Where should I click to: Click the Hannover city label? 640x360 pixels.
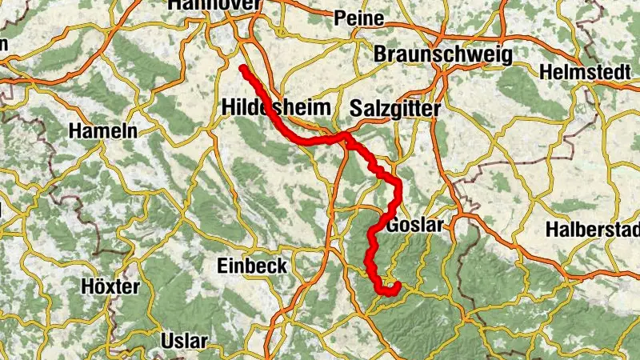coord(214,5)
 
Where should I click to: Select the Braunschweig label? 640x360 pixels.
coord(442,54)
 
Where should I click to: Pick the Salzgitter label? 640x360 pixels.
coord(395,108)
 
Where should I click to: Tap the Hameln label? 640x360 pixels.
coord(103,130)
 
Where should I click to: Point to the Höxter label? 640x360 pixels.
coord(110,286)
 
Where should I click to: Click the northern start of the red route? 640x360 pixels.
coord(242,68)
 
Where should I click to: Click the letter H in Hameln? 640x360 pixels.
coord(76,130)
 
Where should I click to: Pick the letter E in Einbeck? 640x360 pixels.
coord(223,266)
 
